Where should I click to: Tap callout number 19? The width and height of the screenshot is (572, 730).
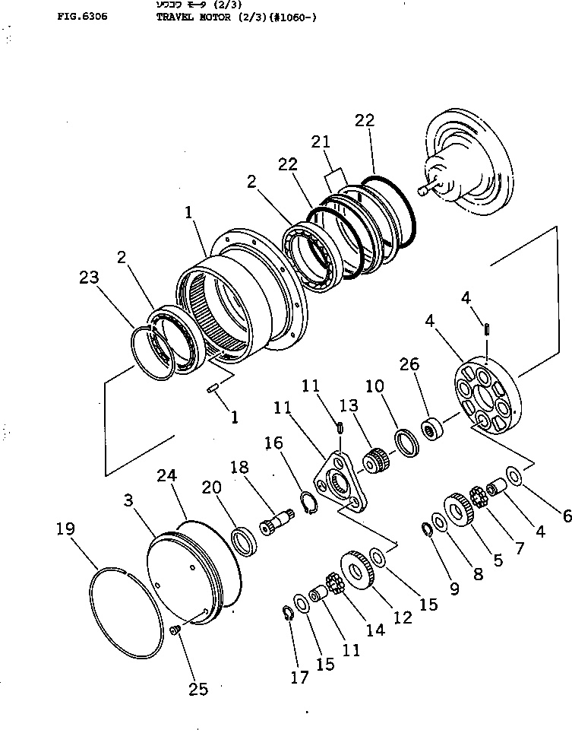66,528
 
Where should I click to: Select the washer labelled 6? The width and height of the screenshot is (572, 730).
514,476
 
